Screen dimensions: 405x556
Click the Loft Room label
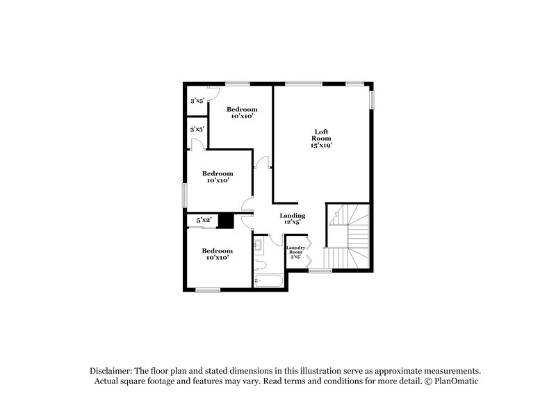tap(320, 135)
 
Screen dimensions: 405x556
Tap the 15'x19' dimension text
tap(320, 146)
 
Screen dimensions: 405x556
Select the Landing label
tap(293, 216)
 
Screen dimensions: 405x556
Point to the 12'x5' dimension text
tap(293, 223)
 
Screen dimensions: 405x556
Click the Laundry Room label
tap(295, 249)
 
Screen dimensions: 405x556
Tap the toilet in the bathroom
tap(260, 265)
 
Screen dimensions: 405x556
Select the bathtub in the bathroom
tap(269, 282)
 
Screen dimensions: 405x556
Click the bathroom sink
tap(259, 246)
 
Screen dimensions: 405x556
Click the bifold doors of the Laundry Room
tap(309, 251)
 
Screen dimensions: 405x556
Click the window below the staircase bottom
tap(320, 270)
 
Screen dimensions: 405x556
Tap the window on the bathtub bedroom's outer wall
tap(208, 290)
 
